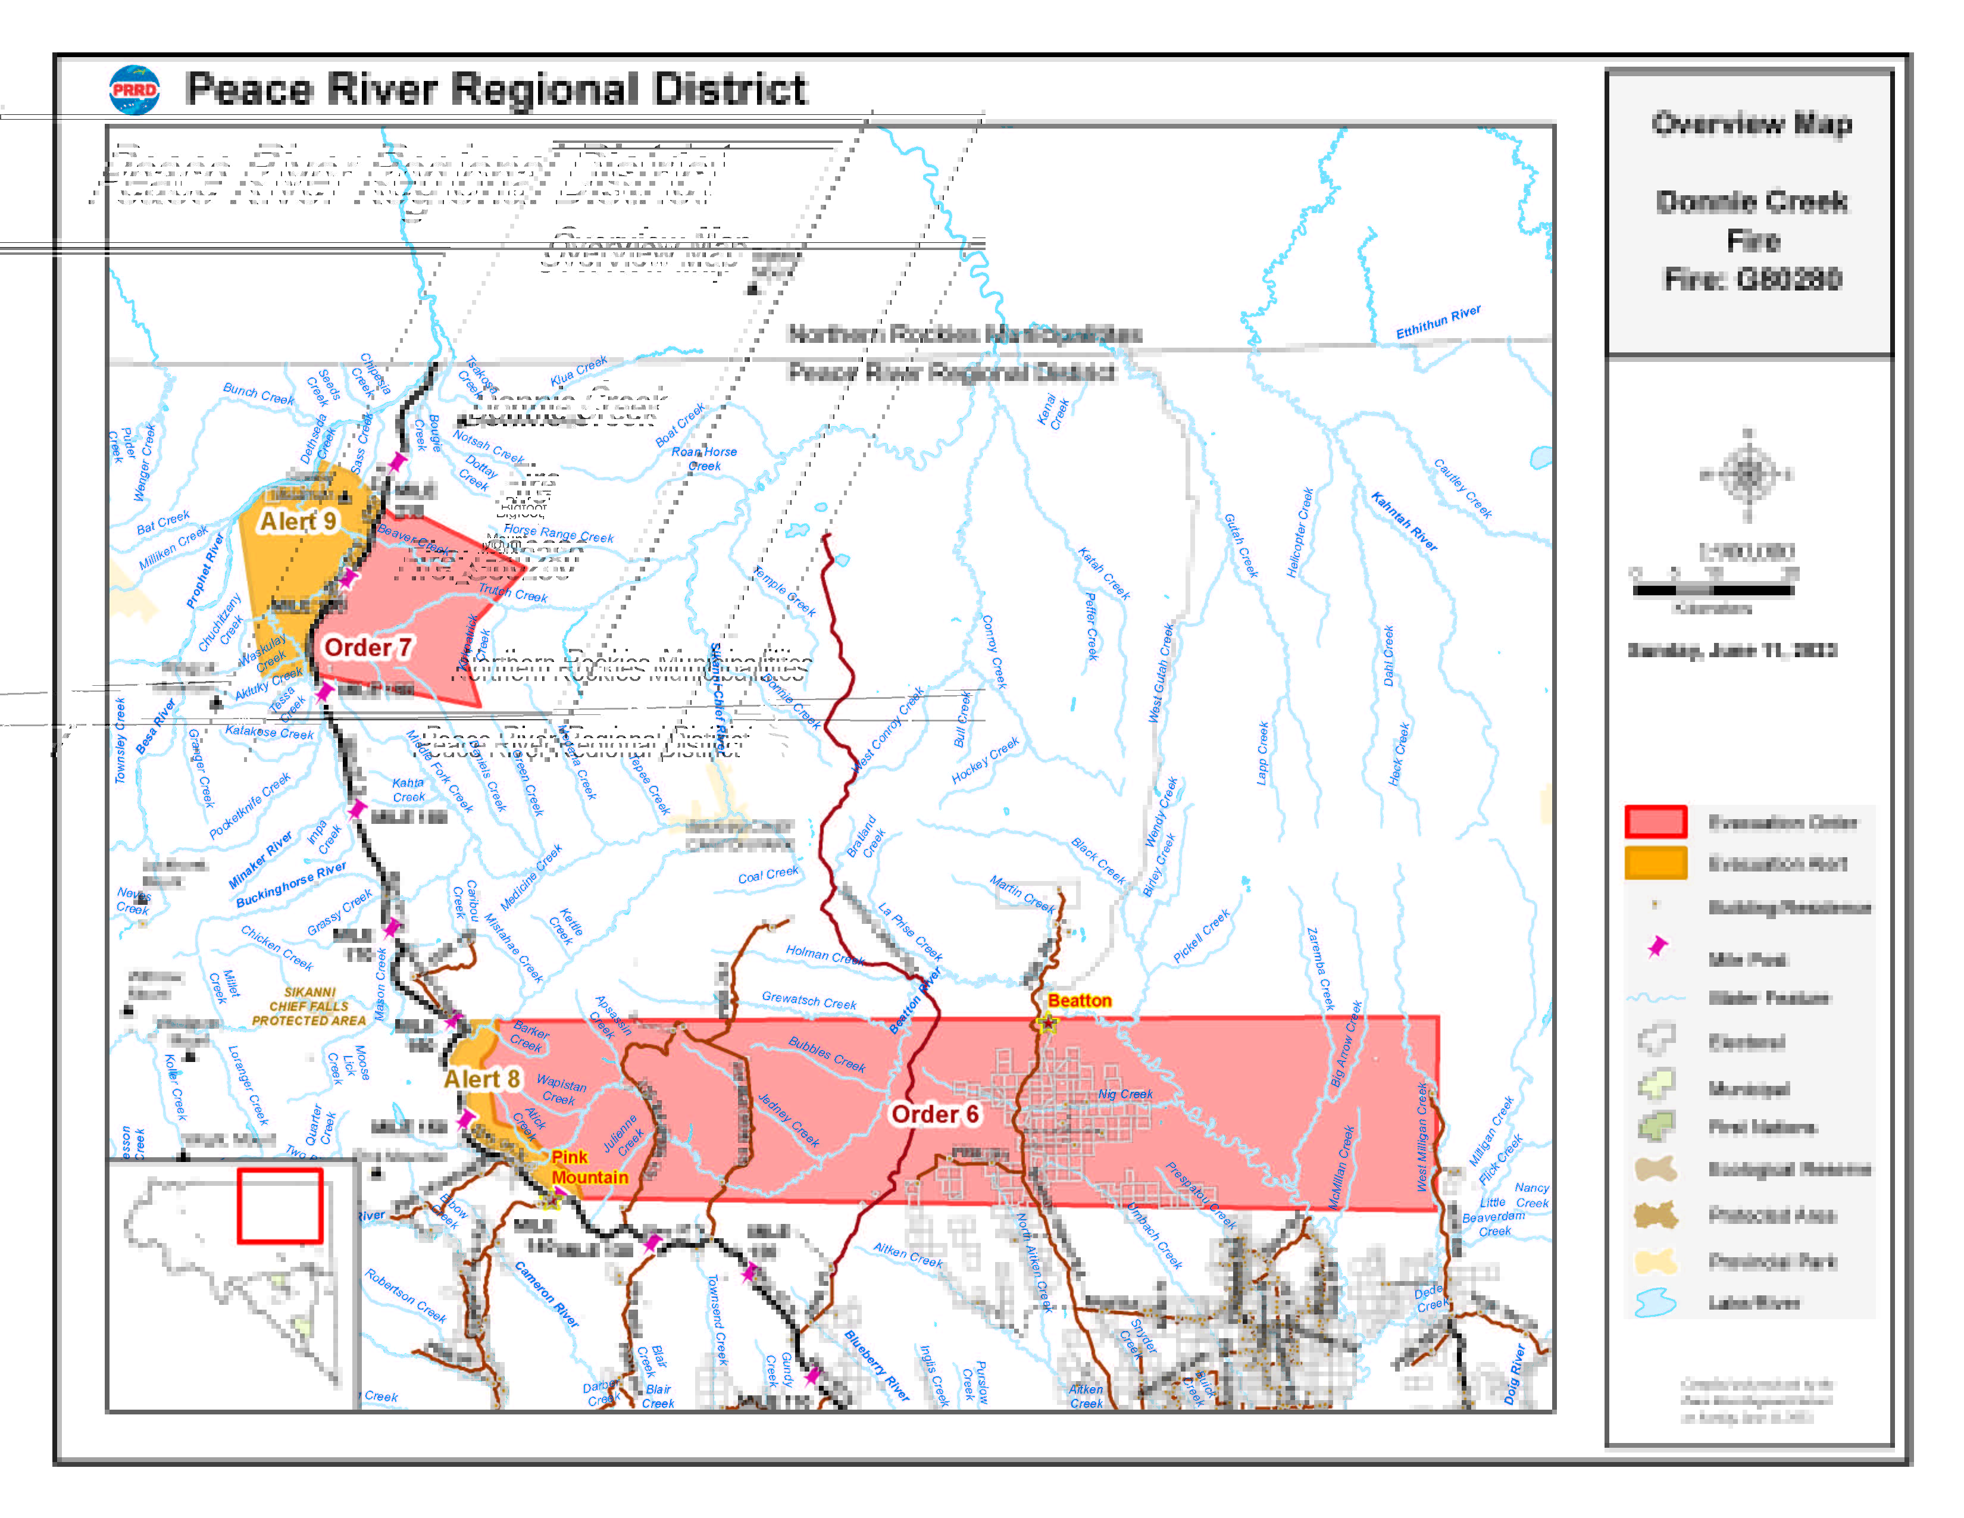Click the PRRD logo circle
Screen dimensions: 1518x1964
[x=134, y=90]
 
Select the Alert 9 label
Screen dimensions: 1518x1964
[x=298, y=521]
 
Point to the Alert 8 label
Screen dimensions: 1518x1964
[x=482, y=1079]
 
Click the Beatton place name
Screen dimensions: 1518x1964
[x=1079, y=1001]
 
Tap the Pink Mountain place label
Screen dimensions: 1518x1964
[x=589, y=1167]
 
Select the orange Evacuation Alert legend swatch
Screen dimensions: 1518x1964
[x=1655, y=863]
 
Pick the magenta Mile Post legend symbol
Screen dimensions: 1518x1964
[x=1656, y=947]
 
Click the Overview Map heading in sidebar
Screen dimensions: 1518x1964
[x=1751, y=124]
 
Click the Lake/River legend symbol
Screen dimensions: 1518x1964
[x=1655, y=1302]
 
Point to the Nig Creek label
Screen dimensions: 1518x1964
[x=1124, y=1094]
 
